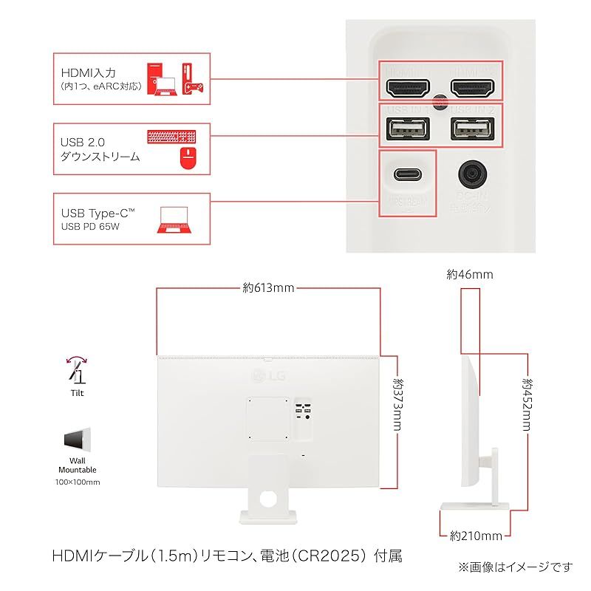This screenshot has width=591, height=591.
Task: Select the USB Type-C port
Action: tap(407, 174)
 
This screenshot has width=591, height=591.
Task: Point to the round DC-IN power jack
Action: tap(471, 174)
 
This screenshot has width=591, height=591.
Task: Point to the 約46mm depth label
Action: tap(469, 275)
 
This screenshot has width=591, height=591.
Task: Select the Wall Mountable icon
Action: tap(77, 441)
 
